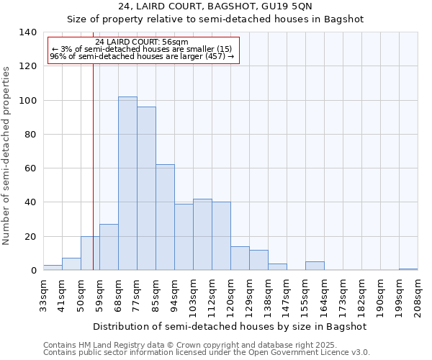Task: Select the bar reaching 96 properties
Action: click(x=146, y=189)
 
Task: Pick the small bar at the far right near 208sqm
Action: click(x=408, y=269)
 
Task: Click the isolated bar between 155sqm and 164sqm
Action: click(x=315, y=266)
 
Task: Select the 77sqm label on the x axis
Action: click(x=138, y=294)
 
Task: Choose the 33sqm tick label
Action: click(x=44, y=294)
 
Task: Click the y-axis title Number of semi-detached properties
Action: click(x=7, y=155)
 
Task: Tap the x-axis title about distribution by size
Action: click(x=230, y=326)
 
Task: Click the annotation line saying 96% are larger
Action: click(x=142, y=56)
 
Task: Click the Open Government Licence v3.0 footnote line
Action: click(x=207, y=353)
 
